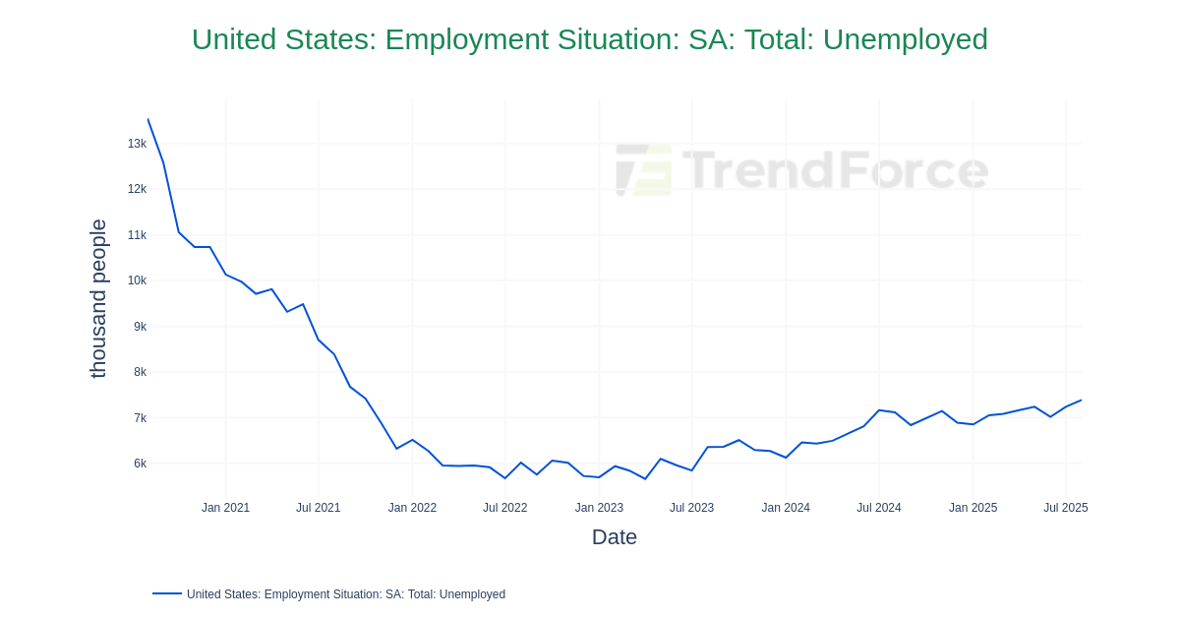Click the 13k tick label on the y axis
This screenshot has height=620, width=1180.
137,144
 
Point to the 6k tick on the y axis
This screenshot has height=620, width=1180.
140,464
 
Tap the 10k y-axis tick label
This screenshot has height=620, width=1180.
137,280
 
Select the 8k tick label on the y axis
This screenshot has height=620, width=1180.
140,372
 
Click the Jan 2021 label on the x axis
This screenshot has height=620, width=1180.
225,508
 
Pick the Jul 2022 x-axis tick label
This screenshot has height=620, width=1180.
504,508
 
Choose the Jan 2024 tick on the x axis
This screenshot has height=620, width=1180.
786,508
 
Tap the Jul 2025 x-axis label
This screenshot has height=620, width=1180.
1065,508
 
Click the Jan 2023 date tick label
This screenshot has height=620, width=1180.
599,508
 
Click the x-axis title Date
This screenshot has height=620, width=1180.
614,537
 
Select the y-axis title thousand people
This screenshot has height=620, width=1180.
98,298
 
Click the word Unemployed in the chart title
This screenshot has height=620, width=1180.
905,39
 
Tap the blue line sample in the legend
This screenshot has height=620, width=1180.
167,593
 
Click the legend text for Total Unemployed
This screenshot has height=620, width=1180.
346,594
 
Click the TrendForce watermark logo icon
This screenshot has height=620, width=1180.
644,169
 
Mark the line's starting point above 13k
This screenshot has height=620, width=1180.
147,119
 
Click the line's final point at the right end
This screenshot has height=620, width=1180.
1081,401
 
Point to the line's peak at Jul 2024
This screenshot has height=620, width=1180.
879,410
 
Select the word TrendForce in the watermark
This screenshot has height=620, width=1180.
836,169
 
